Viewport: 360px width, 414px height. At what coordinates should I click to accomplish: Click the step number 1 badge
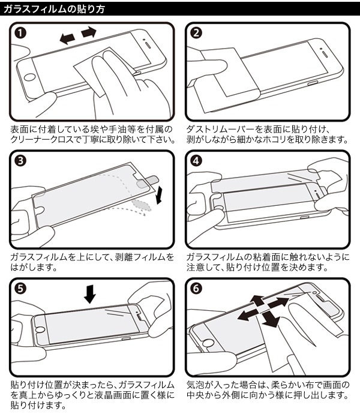click(20, 34)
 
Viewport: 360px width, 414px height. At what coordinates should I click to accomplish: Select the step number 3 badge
click(20, 161)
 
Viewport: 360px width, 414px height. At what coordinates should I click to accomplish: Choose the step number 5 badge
click(20, 289)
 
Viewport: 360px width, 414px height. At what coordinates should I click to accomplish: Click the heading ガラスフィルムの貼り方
click(54, 8)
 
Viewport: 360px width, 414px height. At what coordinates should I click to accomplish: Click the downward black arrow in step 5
click(90, 293)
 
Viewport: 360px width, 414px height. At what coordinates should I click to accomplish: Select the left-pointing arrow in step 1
click(67, 38)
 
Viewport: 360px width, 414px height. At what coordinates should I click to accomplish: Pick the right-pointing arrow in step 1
click(89, 31)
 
